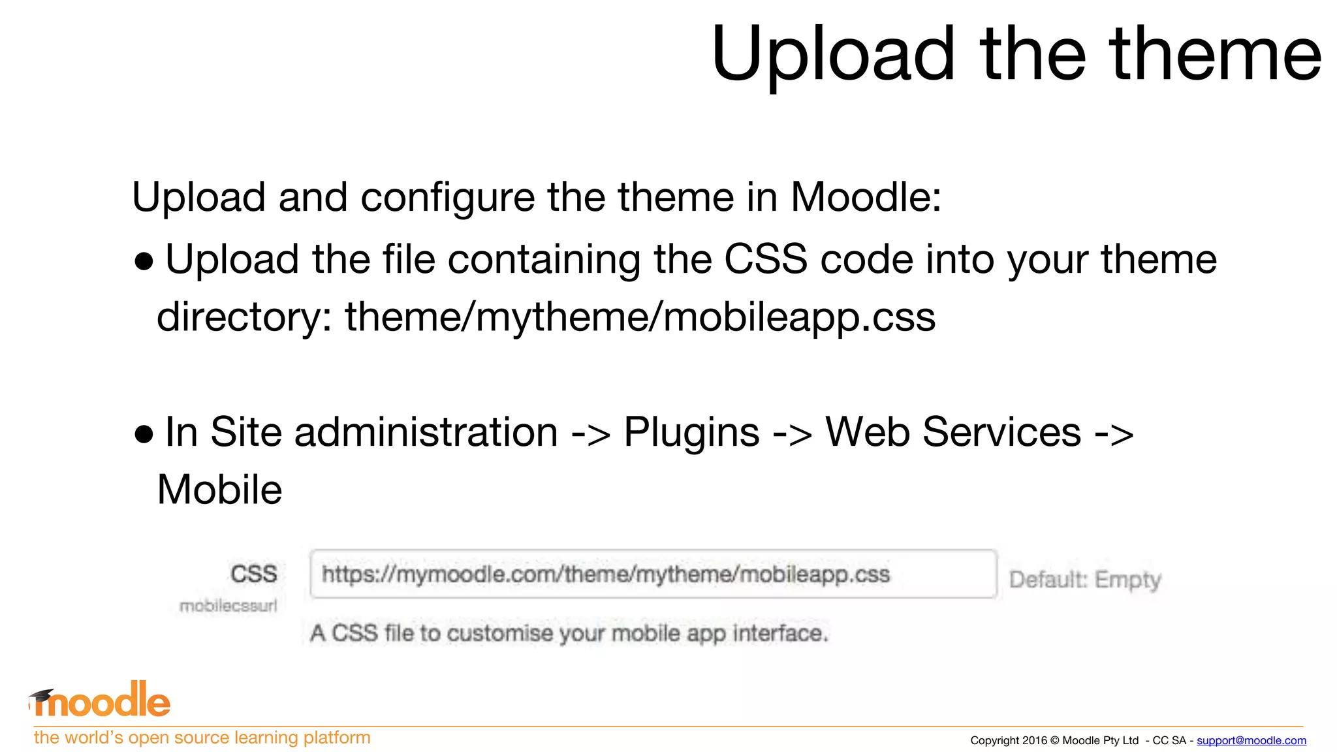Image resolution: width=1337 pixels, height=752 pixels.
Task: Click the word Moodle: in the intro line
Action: pos(866,196)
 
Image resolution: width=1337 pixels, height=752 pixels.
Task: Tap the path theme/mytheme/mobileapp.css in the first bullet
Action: pos(640,317)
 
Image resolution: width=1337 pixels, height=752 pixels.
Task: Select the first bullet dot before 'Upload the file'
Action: pos(144,262)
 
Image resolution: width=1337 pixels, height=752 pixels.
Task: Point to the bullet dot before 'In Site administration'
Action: pos(144,434)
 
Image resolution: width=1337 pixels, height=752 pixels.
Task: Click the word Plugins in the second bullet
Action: pos(691,433)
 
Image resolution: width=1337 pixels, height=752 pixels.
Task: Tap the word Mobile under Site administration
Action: pos(219,490)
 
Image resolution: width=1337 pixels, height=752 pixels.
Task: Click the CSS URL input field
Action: pos(653,574)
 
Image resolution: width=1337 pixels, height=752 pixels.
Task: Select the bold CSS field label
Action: pos(253,574)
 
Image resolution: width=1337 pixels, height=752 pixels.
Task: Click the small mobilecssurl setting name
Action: pos(228,606)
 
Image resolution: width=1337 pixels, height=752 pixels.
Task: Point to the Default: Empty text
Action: pos(1085,580)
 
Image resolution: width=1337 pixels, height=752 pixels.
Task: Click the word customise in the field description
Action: pos(499,633)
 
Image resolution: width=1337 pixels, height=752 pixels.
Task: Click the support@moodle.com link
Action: pos(1251,740)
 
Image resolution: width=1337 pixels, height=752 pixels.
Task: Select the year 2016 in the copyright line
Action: pos(1035,740)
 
